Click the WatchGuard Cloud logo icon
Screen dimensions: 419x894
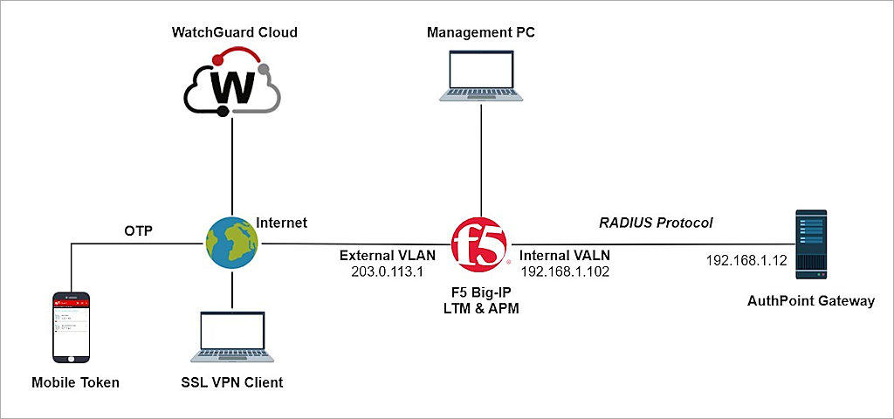(232, 84)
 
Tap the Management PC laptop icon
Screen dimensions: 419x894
(480, 77)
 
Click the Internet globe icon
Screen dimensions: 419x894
(232, 244)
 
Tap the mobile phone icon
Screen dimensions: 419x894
(71, 327)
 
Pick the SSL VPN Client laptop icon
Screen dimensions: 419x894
(232, 336)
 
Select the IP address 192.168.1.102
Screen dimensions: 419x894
(564, 272)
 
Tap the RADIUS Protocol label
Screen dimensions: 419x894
(656, 223)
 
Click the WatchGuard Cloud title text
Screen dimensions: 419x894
(234, 32)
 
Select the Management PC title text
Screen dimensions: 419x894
(480, 32)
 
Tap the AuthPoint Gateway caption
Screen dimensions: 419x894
(810, 301)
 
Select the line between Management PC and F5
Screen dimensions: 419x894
(480, 161)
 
